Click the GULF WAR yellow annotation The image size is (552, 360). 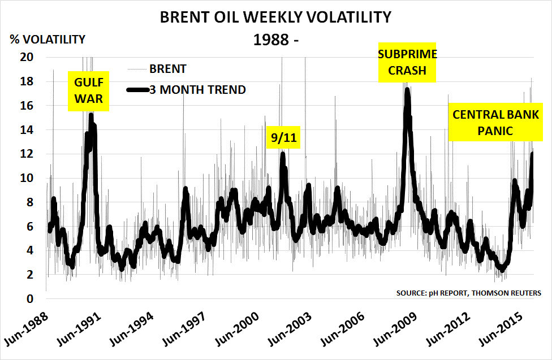click(x=89, y=91)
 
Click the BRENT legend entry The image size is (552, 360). click(x=168, y=70)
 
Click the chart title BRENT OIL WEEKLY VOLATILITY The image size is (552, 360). click(x=275, y=18)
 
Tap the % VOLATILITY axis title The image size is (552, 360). click(x=47, y=40)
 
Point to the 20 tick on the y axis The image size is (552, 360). click(x=27, y=57)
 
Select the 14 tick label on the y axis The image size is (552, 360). click(x=27, y=130)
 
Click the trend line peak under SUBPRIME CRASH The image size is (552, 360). click(x=407, y=90)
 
